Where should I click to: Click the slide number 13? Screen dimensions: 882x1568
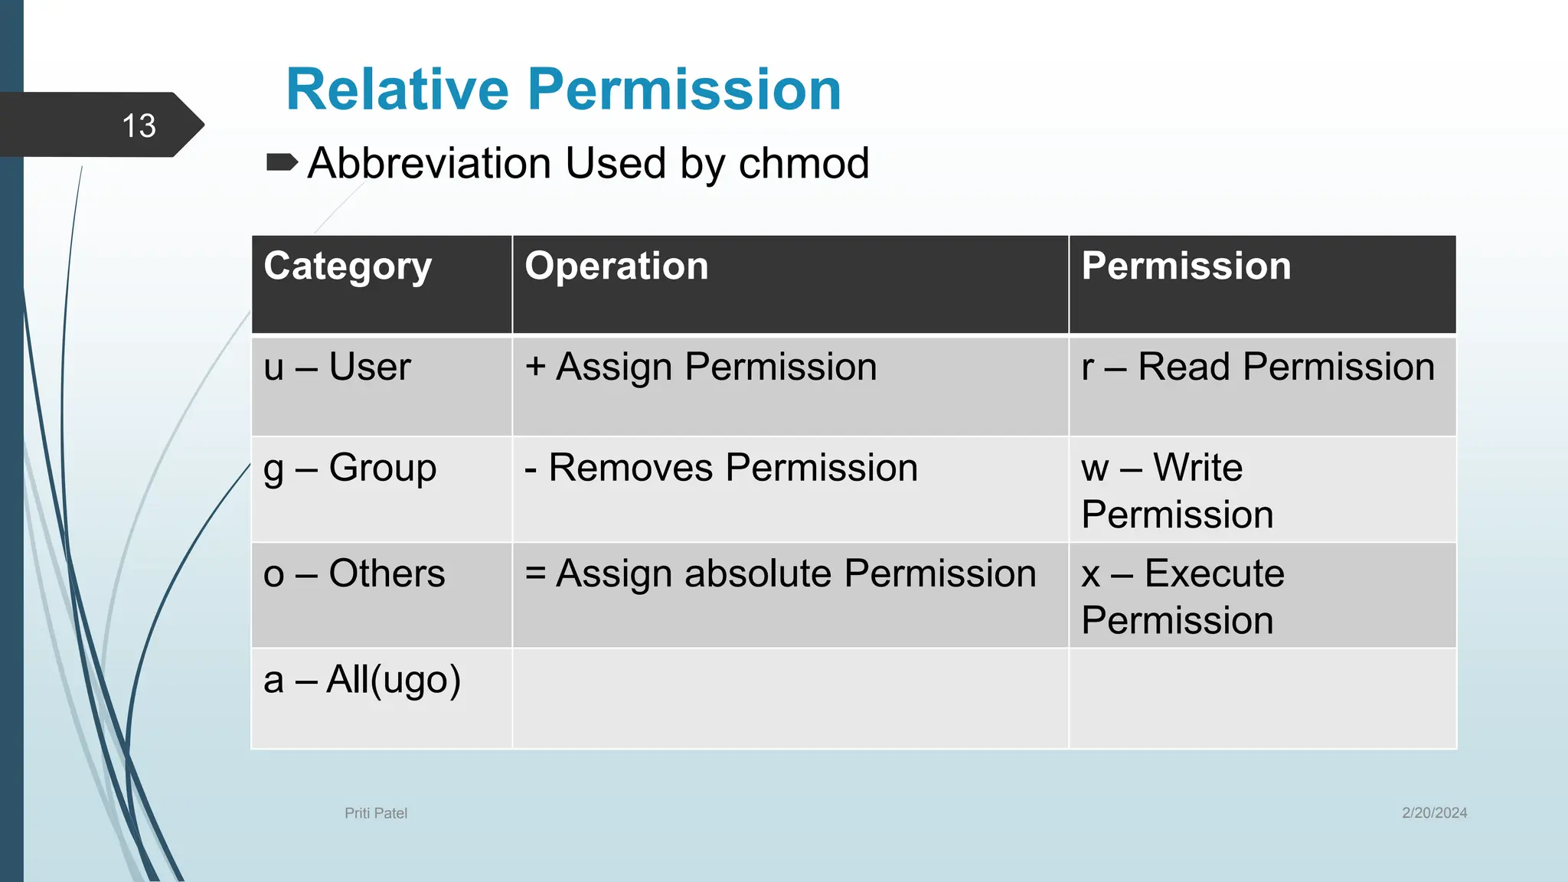pos(139,126)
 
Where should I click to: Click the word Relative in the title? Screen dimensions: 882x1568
pos(396,90)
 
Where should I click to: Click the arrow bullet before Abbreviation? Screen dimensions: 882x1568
pos(281,162)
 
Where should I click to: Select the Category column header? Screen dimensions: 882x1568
pos(348,266)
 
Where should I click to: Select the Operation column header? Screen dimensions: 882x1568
pos(616,266)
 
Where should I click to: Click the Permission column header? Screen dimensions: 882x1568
pos(1186,266)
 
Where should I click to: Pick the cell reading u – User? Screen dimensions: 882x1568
pos(337,367)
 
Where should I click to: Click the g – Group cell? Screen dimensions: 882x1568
pos(350,468)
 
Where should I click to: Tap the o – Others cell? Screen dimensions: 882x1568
pos(354,573)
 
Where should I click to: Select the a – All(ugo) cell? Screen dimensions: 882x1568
pos(362,680)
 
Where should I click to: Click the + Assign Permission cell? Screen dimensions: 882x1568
pos(701,367)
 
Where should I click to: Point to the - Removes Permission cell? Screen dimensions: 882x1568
pos(720,468)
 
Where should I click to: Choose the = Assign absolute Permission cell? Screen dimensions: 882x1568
pos(780,573)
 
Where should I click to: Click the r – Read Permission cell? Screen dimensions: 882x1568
pos(1257,367)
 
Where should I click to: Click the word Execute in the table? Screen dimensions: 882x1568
pos(1214,573)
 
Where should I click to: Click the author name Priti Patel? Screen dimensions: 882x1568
pos(376,813)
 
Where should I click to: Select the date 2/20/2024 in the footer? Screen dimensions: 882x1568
pos(1434,813)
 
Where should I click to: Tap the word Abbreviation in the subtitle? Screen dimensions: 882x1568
pos(430,163)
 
